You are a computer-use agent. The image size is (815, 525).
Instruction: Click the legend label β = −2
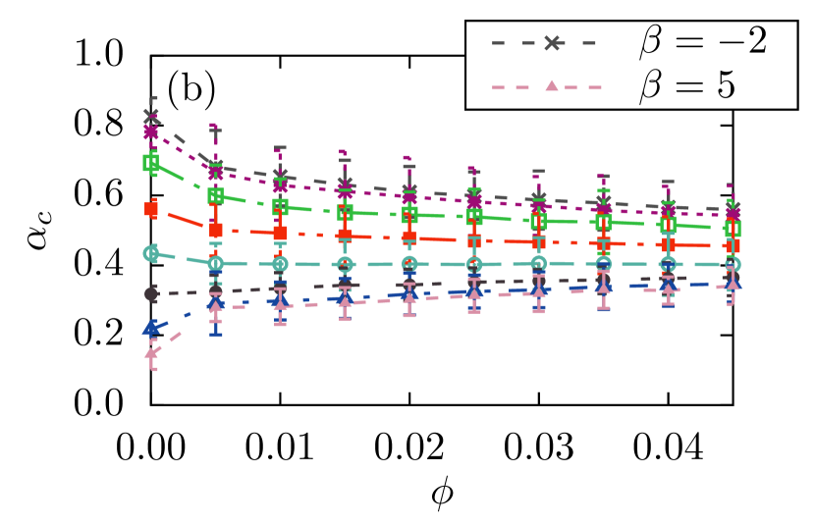click(702, 42)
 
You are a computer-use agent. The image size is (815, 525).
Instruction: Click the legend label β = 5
click(686, 86)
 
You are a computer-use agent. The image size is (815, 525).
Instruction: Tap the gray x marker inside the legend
click(552, 42)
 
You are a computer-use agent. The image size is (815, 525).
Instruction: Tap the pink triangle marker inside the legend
click(552, 86)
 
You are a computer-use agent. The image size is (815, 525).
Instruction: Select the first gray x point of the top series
click(151, 116)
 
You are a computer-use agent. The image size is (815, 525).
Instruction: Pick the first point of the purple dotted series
click(151, 131)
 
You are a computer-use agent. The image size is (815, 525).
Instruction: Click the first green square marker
click(150, 162)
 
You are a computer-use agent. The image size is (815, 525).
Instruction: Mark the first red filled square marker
click(151, 209)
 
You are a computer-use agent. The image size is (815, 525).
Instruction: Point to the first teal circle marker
click(151, 253)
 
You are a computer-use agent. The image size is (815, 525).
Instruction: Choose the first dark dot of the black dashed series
click(151, 293)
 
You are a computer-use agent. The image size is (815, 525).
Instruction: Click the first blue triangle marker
click(150, 327)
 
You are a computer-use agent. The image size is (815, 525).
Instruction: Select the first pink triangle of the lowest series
click(152, 353)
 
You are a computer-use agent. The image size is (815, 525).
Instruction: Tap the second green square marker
click(216, 195)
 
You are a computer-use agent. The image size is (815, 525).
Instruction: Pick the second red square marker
click(216, 231)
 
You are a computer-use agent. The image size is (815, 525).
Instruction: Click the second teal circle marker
click(216, 263)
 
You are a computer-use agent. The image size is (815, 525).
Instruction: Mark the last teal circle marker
click(733, 264)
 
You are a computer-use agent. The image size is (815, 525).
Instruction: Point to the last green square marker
click(733, 228)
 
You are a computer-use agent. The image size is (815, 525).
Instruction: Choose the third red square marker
click(280, 234)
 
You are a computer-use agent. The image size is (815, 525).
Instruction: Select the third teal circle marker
click(280, 264)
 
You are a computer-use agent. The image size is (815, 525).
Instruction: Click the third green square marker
click(280, 206)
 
